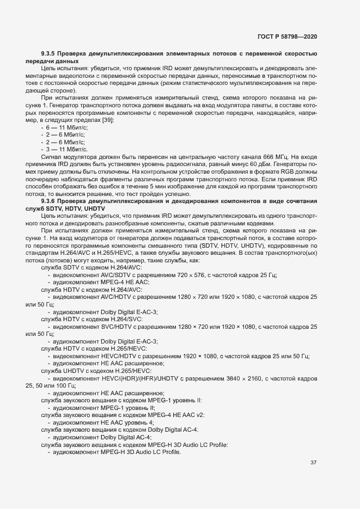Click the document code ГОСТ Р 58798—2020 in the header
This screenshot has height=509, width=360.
[287, 36]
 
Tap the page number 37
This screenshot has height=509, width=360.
[313, 463]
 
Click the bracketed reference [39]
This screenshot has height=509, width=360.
[107, 119]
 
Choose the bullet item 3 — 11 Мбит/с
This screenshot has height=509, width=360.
[62, 149]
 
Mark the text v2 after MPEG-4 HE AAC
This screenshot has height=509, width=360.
[199, 415]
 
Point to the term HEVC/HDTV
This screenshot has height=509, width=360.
[115, 356]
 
